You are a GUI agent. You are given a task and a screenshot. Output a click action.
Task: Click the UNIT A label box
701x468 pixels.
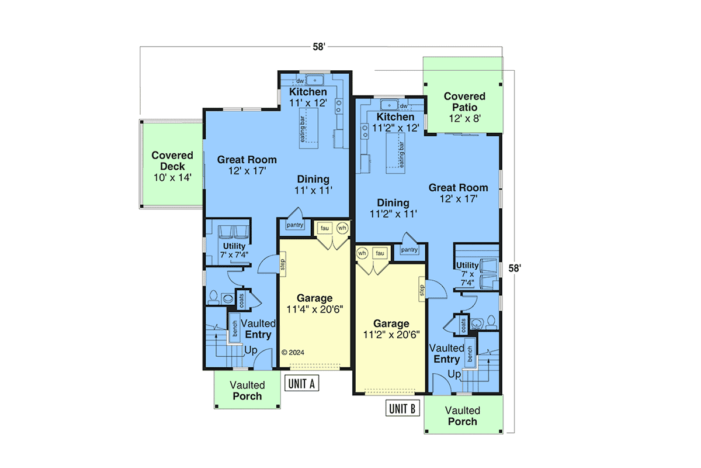[x=301, y=383]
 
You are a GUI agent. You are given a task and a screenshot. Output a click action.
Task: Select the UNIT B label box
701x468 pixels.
[x=402, y=408]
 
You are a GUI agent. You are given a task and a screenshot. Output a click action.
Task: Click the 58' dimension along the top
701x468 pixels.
[x=319, y=47]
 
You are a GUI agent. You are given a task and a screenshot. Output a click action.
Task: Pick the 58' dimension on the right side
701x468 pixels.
[x=515, y=269]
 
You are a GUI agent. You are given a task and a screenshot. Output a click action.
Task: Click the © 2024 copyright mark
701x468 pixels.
[x=293, y=352]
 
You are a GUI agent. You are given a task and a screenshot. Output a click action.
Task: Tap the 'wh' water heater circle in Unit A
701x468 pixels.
[x=342, y=228]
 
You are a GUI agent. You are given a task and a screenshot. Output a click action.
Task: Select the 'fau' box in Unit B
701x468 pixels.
[x=380, y=253]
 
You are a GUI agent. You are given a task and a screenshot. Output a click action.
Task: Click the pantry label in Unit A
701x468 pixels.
[x=295, y=225]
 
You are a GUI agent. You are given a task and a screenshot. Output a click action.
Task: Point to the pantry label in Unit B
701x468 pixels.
[x=410, y=250]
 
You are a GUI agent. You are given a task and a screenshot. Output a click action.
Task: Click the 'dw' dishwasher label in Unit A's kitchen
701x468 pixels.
[x=300, y=81]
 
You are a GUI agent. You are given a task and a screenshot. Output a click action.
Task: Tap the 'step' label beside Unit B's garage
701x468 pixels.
[x=422, y=290]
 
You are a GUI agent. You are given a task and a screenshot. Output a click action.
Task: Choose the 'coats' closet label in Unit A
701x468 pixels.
[x=242, y=300]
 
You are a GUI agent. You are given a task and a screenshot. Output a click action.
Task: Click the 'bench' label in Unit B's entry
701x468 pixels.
[x=470, y=354]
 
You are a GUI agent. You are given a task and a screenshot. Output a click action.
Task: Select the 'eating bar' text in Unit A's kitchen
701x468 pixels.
[x=303, y=129]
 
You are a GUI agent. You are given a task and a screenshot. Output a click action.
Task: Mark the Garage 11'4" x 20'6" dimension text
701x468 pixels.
[x=315, y=309]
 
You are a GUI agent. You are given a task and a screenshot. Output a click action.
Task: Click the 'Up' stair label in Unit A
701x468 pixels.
[x=251, y=350]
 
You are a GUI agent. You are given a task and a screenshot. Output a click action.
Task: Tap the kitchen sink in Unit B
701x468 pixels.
[x=389, y=105]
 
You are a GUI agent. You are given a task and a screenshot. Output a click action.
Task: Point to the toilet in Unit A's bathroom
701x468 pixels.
[x=213, y=297]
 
